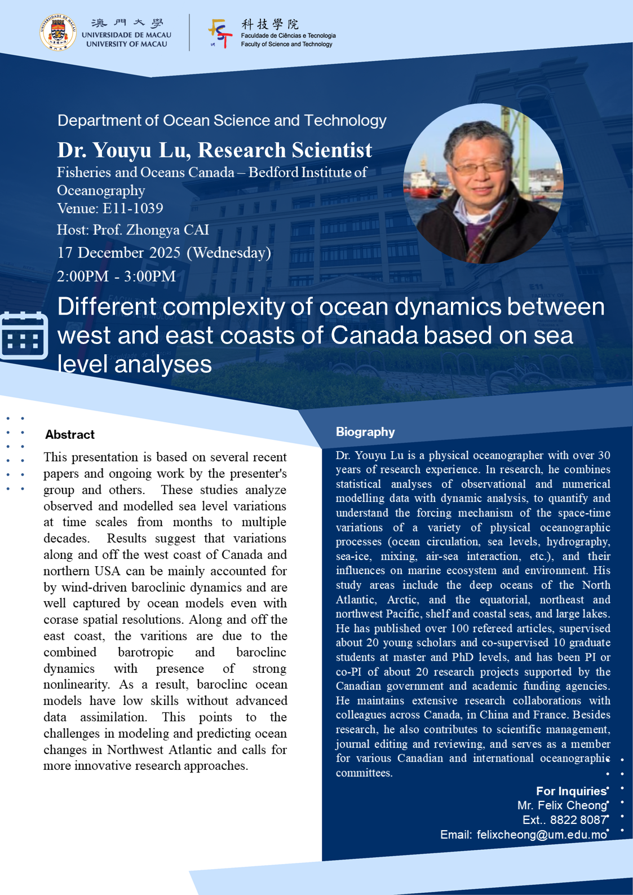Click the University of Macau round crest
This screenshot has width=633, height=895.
coord(58,33)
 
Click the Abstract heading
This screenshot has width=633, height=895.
coord(70,435)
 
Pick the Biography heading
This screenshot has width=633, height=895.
coord(365,432)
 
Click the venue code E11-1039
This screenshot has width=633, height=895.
coord(132,209)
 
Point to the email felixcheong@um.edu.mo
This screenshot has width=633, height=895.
coord(542,835)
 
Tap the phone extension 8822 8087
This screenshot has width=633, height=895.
coord(578,820)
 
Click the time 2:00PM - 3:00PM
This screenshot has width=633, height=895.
coord(116,276)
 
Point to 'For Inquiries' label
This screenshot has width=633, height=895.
coord(571,791)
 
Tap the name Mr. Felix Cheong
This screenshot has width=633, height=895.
coord(562,805)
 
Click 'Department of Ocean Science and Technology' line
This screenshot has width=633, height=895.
coord(222,121)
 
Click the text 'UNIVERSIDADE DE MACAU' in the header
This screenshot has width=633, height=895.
coord(126,35)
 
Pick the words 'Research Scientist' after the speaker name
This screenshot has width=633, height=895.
coord(285,150)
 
